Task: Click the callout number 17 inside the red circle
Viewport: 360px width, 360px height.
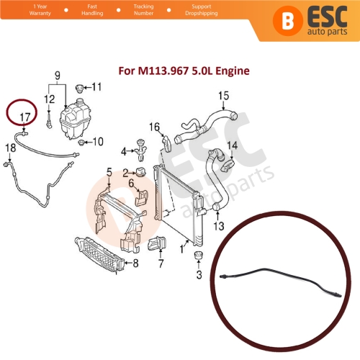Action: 25,115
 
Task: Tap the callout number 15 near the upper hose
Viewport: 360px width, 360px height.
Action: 222,95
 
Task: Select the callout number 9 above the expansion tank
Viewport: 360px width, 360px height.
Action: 58,74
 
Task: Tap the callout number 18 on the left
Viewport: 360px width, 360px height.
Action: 9,148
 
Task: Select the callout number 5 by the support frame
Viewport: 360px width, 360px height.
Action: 109,172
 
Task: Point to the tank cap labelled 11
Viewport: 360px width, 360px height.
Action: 79,88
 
